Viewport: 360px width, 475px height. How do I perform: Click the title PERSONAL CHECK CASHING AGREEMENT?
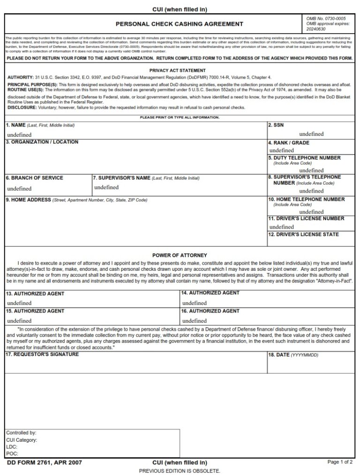[x=180, y=24]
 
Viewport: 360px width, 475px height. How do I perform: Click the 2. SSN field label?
[x=276, y=126]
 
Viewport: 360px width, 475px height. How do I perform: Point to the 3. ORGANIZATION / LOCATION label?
[x=42, y=142]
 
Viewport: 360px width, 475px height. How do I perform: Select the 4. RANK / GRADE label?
[x=288, y=143]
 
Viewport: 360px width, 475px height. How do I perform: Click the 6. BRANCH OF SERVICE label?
[x=34, y=178]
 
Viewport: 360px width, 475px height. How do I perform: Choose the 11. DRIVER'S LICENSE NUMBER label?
[x=306, y=219]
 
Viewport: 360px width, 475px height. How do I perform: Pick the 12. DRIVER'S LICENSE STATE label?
[x=303, y=235]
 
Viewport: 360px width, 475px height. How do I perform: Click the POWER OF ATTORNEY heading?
[x=180, y=255]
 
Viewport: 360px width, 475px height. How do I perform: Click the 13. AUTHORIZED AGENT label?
[x=35, y=294]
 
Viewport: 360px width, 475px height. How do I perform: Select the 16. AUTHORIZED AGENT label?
[x=210, y=311]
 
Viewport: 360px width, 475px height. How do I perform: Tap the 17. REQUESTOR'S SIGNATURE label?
[x=42, y=355]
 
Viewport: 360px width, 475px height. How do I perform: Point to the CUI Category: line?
[x=22, y=440]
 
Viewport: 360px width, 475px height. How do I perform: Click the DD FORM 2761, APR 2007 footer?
[x=45, y=463]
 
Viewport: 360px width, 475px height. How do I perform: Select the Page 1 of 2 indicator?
[x=339, y=462]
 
